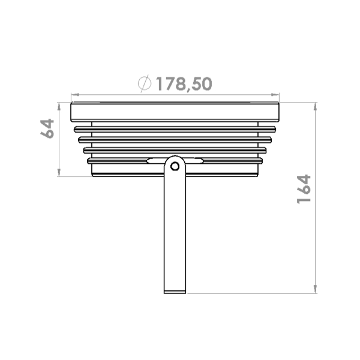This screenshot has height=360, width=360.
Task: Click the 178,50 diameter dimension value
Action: pos(184,84)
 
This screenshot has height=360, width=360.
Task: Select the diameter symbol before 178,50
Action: pos(145,83)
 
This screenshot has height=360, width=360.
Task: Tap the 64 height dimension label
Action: pos(47,128)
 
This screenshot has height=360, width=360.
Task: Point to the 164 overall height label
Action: pos(304,189)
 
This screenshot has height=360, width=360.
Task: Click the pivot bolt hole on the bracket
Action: pos(175,166)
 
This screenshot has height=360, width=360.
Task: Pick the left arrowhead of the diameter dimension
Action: pos(75,95)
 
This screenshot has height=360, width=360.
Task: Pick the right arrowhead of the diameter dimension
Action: pos(275,95)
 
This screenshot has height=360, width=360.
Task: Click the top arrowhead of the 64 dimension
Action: pos(59,107)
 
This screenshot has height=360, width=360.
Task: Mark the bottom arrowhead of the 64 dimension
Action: pos(59,172)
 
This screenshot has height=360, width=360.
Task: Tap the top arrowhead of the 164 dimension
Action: pos(316,107)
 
